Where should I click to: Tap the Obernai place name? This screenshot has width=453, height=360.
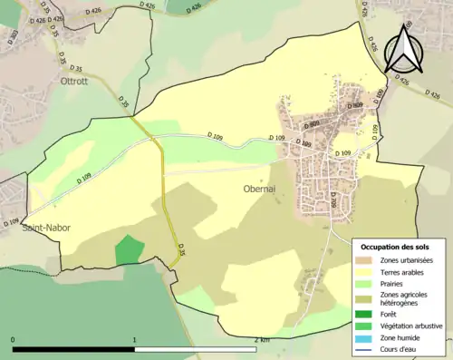click(264, 189)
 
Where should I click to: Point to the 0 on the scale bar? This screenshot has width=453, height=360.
click(14, 339)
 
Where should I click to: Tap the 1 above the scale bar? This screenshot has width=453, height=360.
click(135, 339)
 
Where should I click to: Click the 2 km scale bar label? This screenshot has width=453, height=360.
click(262, 339)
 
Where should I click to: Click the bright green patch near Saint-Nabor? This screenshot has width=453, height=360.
click(130, 250)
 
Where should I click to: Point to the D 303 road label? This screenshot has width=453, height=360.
click(14, 36)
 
